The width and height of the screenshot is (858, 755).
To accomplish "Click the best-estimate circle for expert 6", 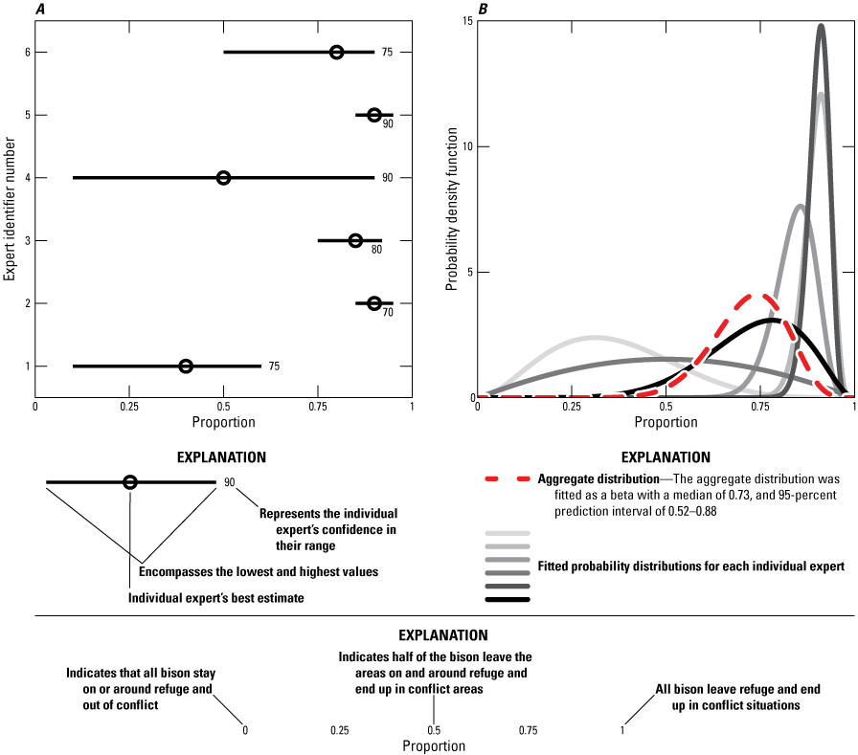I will [x=336, y=52].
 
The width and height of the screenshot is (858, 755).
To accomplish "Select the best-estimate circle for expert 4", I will [x=223, y=178].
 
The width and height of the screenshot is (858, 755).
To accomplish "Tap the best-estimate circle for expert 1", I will [x=186, y=366].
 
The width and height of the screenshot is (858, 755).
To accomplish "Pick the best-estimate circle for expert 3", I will [x=355, y=240].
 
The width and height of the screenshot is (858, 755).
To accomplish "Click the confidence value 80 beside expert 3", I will [x=376, y=250].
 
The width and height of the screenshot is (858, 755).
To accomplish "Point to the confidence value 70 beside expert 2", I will [x=388, y=312].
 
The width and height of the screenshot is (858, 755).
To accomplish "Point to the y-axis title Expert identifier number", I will [x=10, y=209].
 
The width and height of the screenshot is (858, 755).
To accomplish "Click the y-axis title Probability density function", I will [x=451, y=209].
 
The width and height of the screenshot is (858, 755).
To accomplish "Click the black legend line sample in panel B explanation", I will [x=508, y=600].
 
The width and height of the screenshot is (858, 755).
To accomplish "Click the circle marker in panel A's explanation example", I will [x=130, y=482].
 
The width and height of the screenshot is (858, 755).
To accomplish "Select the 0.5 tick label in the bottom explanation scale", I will [x=434, y=730].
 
